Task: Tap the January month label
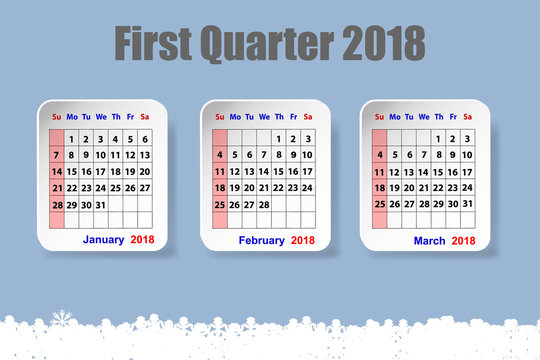point(103,240)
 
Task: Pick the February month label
point(262,240)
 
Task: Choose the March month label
point(430,240)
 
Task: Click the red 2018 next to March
point(464,240)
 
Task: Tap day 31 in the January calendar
point(101,204)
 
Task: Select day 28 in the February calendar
point(264,204)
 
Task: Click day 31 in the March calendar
point(467,204)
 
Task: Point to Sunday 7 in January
point(57,155)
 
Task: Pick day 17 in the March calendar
point(467,171)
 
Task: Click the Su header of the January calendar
point(57,116)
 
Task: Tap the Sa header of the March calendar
point(467,116)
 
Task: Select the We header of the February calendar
point(264,116)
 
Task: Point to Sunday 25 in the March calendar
point(380,204)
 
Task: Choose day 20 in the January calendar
point(145,171)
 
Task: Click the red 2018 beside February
point(302,240)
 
